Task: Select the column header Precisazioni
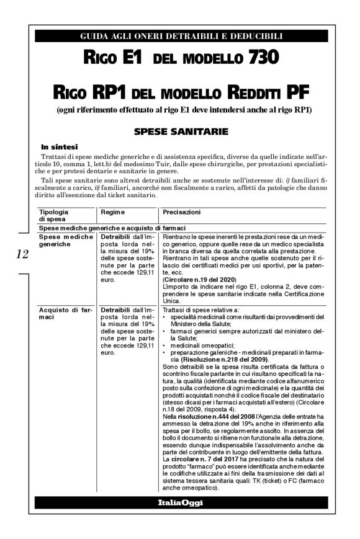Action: tap(181, 212)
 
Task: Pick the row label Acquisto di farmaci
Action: tap(63, 313)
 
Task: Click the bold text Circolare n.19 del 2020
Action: tap(197, 280)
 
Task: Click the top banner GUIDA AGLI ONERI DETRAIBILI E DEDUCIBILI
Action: tap(181, 37)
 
